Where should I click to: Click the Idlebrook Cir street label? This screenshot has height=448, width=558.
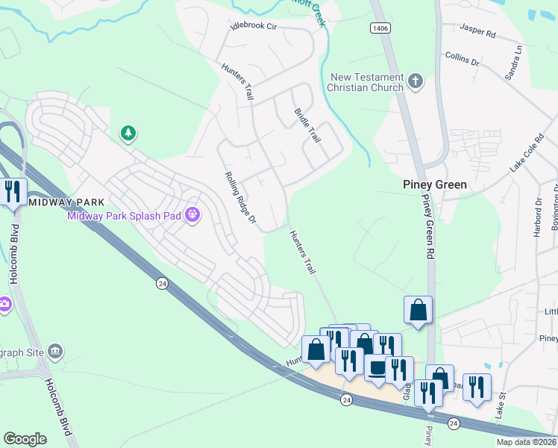pos(254,25)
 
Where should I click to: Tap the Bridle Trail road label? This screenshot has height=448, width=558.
pos(307,126)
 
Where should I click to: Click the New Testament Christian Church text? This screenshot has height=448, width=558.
pos(366,82)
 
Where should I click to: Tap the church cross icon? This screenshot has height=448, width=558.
pos(416,81)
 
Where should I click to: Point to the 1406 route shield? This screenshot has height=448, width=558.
pos(378,28)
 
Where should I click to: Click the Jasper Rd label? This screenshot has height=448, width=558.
pos(477,34)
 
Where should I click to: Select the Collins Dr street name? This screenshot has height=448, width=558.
pos(462,59)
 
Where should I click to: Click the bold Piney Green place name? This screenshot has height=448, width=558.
pos(435,184)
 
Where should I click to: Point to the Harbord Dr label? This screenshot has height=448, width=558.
pos(537,217)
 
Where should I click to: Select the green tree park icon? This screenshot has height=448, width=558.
pos(129,134)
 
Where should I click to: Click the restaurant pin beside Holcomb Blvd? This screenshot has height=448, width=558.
pos(13,192)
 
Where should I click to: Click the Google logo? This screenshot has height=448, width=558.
pos(25,439)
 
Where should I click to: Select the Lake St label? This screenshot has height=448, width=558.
pos(501,406)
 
